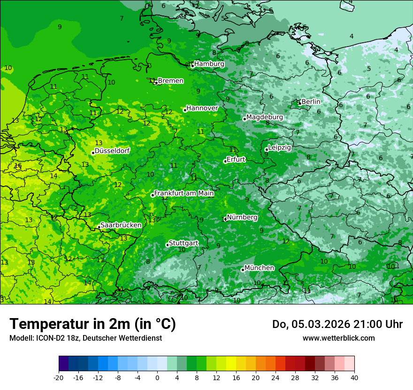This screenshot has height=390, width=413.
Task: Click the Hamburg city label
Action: [209, 64]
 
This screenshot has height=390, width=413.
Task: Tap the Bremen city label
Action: [170, 81]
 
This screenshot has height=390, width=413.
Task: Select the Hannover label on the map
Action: [202, 108]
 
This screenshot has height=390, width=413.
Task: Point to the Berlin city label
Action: [311, 101]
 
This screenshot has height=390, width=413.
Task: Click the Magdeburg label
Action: [264, 117]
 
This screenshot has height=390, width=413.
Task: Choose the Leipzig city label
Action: [279, 148]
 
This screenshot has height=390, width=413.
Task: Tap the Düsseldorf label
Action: [112, 151]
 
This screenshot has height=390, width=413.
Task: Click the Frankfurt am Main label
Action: [184, 193]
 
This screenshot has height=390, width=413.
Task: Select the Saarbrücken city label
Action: [121, 225]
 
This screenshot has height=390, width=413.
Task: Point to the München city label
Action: [259, 268]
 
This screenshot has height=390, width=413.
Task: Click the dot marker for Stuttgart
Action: [168, 245]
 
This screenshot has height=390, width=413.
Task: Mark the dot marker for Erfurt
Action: [225, 161]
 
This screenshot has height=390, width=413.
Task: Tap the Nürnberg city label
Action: [242, 218]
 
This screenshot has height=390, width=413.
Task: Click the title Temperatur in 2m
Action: [92, 324]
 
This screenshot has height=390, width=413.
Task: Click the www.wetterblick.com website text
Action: [338, 338]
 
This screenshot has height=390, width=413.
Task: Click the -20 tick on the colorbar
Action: [59, 377]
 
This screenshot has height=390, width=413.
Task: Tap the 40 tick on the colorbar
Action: [354, 377]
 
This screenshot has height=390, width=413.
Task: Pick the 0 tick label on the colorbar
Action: [157, 377]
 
